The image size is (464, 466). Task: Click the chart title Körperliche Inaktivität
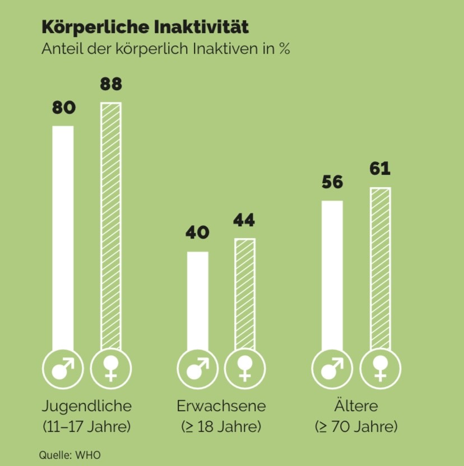(x=145, y=27)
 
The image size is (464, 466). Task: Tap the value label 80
(x=63, y=108)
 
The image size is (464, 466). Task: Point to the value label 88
(x=111, y=85)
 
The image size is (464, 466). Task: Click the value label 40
(x=197, y=232)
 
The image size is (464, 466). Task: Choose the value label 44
(x=244, y=220)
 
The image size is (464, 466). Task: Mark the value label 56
(x=332, y=183)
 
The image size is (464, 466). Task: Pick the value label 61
(x=379, y=169)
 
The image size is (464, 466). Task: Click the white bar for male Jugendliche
(x=63, y=235)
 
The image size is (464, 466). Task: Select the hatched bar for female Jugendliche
(x=111, y=224)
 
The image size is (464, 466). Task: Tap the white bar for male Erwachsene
(x=197, y=300)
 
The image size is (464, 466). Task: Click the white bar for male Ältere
(x=332, y=274)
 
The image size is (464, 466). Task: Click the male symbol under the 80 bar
(x=63, y=369)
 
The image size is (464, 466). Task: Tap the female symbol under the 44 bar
(x=244, y=369)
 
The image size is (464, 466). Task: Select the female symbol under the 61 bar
(x=379, y=369)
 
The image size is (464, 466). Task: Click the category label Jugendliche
(x=86, y=406)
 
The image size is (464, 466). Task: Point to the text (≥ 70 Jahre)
(x=356, y=427)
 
